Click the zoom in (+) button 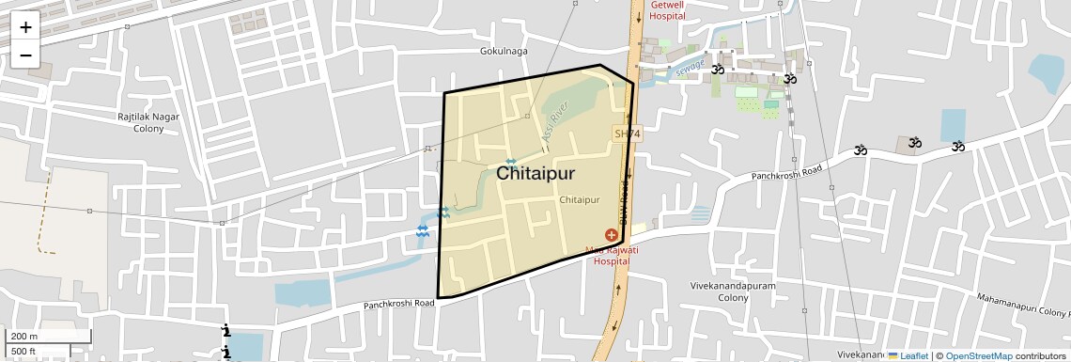click(25, 27)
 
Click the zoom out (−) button click(25, 55)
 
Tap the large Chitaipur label click(535, 174)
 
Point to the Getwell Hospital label click(667, 10)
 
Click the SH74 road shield click(627, 134)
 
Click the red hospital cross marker click(612, 234)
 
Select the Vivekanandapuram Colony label click(720, 291)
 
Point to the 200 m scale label click(24, 337)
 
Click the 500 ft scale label click(23, 352)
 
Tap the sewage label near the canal click(690, 69)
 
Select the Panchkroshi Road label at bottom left click(399, 304)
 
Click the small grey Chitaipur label click(579, 200)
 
